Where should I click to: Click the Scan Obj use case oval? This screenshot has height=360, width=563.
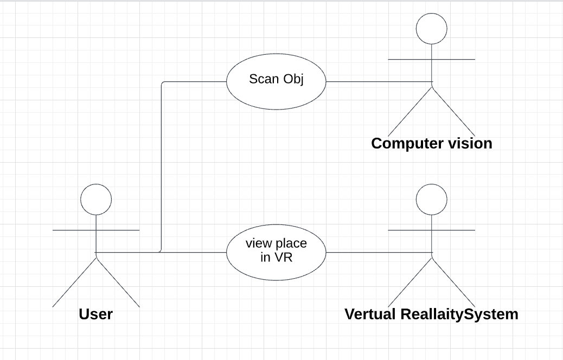coord(276,81)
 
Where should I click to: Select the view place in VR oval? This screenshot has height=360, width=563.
coord(276,252)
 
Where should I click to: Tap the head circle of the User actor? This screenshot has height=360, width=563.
coord(96,200)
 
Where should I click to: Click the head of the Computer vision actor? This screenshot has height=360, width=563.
coord(432,29)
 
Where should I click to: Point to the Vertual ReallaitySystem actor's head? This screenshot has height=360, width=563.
coord(432,200)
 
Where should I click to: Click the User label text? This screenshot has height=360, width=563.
coord(96,314)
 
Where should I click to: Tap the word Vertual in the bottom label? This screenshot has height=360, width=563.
coord(370,314)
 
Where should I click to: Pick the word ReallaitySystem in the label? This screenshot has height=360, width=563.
coord(459,314)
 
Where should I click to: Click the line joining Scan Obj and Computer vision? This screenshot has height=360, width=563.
coord(379,81)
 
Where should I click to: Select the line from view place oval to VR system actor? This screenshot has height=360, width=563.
coord(379,252)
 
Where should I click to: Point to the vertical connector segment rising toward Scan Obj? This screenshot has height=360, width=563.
coord(162,167)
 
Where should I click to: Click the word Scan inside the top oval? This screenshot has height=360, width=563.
coord(264,79)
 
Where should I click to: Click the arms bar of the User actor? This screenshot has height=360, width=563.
coord(96,230)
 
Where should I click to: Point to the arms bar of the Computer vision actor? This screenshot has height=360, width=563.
coord(432,59)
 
